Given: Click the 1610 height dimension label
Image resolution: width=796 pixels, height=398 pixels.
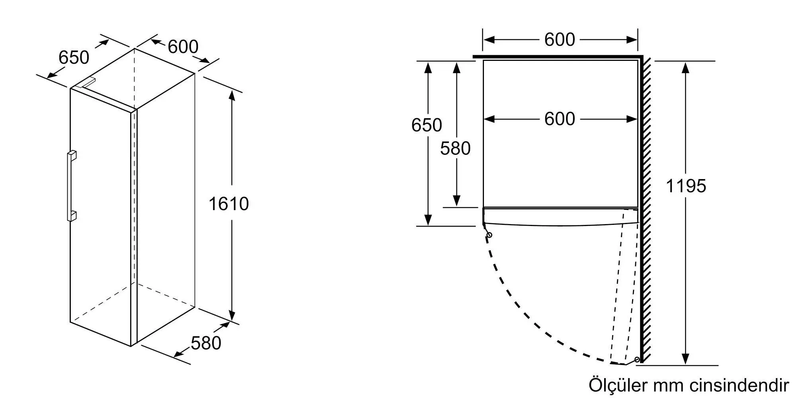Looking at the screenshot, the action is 228,204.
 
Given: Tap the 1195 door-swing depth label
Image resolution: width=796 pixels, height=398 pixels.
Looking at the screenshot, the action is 686,186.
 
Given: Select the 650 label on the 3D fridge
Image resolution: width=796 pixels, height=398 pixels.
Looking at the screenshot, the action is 74,57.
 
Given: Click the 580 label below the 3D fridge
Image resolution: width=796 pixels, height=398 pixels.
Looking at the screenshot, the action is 206,343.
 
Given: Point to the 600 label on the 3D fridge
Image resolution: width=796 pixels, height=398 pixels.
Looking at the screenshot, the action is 183,47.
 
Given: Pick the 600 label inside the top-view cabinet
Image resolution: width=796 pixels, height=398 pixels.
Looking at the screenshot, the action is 560,119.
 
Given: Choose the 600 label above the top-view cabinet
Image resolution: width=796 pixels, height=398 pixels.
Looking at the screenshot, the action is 560,39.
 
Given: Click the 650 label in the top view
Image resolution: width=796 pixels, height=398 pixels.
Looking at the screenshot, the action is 426,125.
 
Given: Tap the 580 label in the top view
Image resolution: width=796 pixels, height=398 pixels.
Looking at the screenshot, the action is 455,148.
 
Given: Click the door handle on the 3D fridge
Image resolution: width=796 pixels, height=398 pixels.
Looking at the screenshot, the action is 71,186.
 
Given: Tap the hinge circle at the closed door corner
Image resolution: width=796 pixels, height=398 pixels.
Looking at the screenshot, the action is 489,235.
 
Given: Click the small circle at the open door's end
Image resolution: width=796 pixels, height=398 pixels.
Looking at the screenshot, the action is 637,359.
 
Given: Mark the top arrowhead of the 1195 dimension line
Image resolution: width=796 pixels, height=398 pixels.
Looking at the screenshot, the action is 685,68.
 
